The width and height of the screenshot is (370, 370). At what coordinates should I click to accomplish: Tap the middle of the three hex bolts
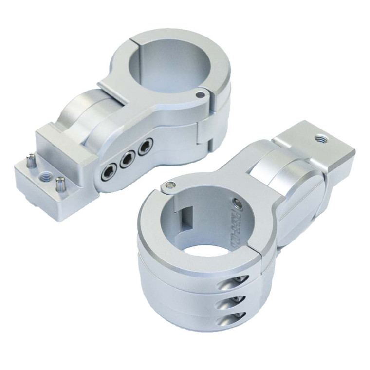pos(128,159)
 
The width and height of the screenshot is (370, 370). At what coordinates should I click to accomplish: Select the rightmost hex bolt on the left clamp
pos(145,146)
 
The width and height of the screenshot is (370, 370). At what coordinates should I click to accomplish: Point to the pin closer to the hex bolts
pos(61,184)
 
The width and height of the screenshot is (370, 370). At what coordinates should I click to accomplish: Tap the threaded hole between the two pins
pos(47,175)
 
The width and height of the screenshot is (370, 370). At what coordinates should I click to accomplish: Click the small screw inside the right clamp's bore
pos(237,203)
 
